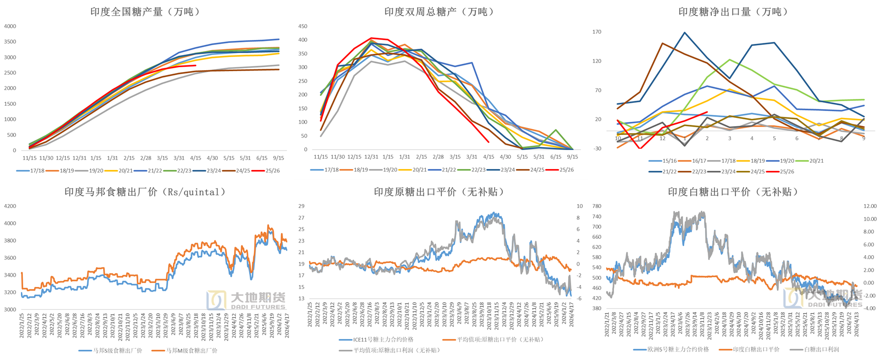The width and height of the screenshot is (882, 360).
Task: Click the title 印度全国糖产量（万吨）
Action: click(x=145, y=12)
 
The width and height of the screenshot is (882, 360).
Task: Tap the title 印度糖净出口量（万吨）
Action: click(x=733, y=12)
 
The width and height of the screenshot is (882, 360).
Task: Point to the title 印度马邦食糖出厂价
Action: click(x=145, y=192)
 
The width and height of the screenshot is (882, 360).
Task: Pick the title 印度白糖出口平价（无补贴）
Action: click(x=733, y=192)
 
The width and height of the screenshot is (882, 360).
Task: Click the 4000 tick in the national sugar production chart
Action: click(x=10, y=26)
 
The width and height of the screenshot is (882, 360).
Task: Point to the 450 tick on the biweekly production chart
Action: click(x=303, y=26)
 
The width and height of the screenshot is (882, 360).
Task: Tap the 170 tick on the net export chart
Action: click(x=597, y=32)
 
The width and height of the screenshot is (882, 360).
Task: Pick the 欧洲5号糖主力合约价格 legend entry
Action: click(x=678, y=349)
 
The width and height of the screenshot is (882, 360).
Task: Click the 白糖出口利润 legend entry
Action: click(x=821, y=349)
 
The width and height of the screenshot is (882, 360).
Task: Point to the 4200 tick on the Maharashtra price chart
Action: click(x=10, y=206)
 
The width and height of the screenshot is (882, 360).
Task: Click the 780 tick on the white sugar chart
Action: click(x=597, y=206)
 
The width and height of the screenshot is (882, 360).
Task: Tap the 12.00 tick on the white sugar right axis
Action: click(x=870, y=206)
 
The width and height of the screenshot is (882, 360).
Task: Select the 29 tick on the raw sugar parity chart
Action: click(x=302, y=206)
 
